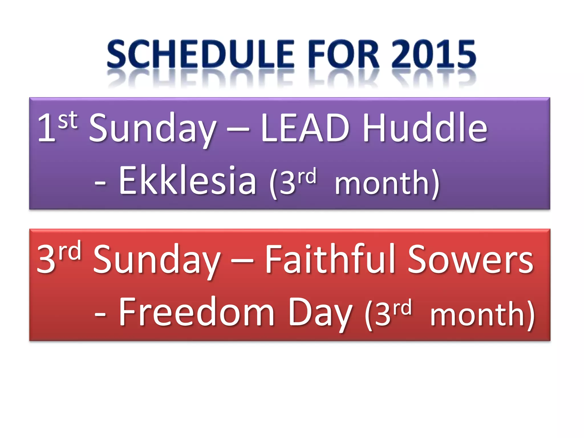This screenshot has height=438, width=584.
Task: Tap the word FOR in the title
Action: (344, 54)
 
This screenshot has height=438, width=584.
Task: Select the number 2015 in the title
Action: (433, 54)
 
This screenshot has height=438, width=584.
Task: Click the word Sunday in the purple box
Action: (153, 130)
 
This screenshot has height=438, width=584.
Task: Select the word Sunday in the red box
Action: (157, 261)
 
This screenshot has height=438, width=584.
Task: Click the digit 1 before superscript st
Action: (46, 128)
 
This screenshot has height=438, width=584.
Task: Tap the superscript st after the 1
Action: (68, 120)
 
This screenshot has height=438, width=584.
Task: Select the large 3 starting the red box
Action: (46, 259)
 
